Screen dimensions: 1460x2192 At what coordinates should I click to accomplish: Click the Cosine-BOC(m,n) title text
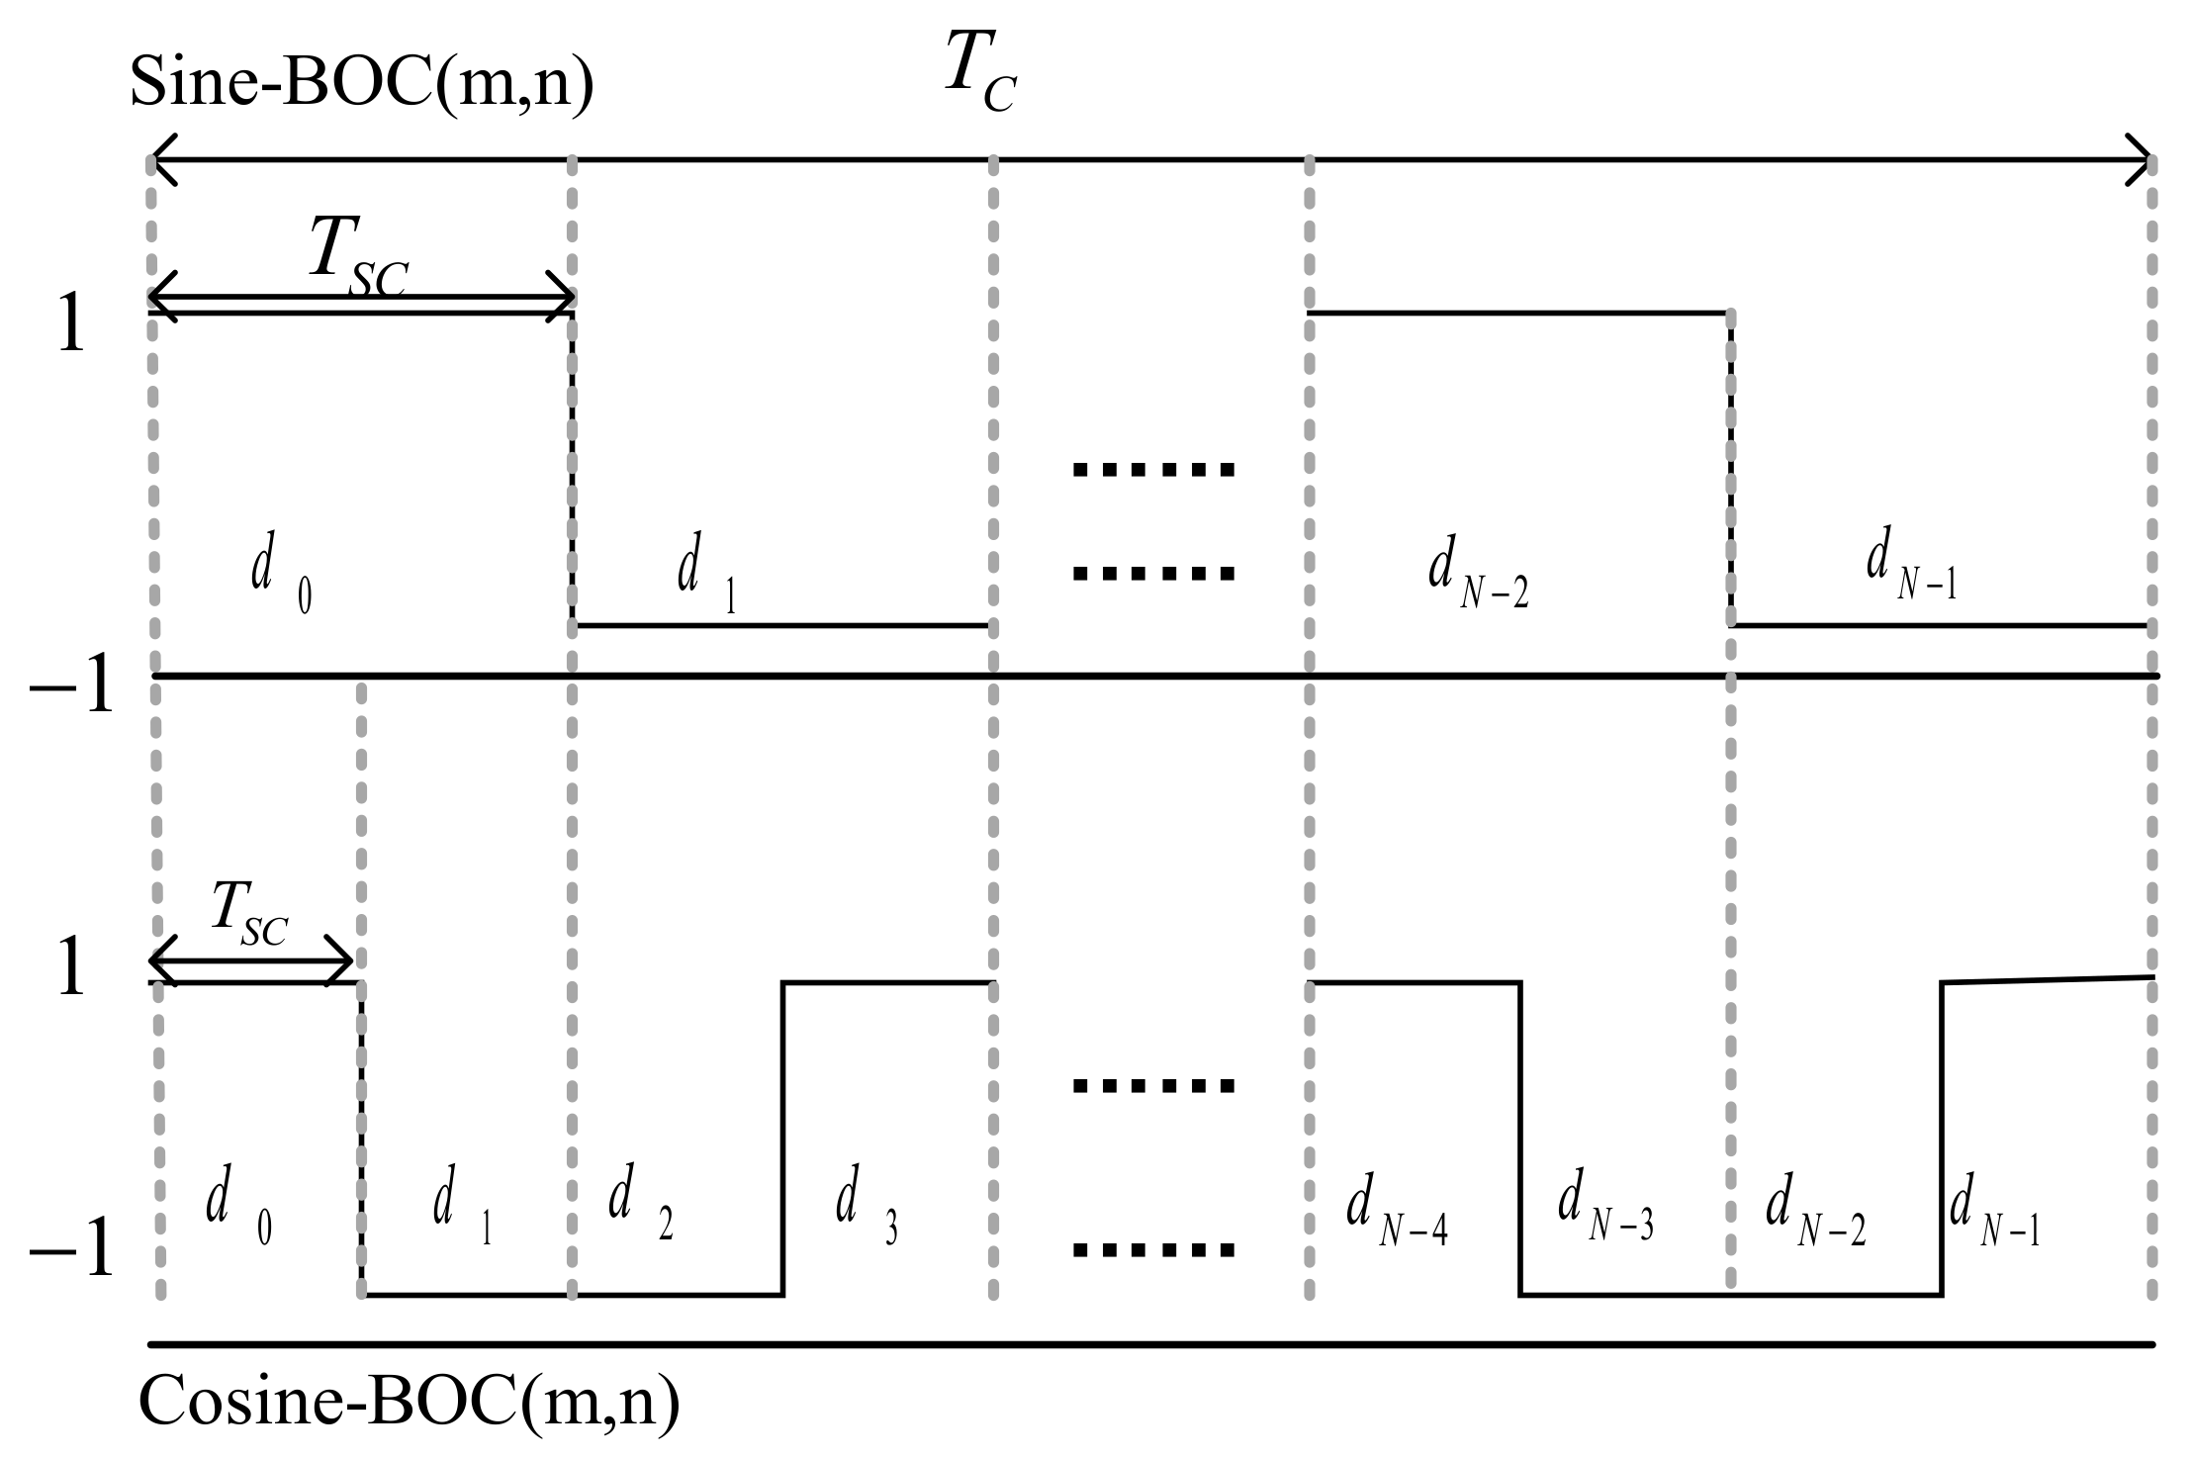[x=409, y=1403]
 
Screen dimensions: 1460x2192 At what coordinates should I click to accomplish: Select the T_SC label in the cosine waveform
[x=248, y=918]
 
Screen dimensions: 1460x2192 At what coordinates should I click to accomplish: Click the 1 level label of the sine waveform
[x=71, y=326]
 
